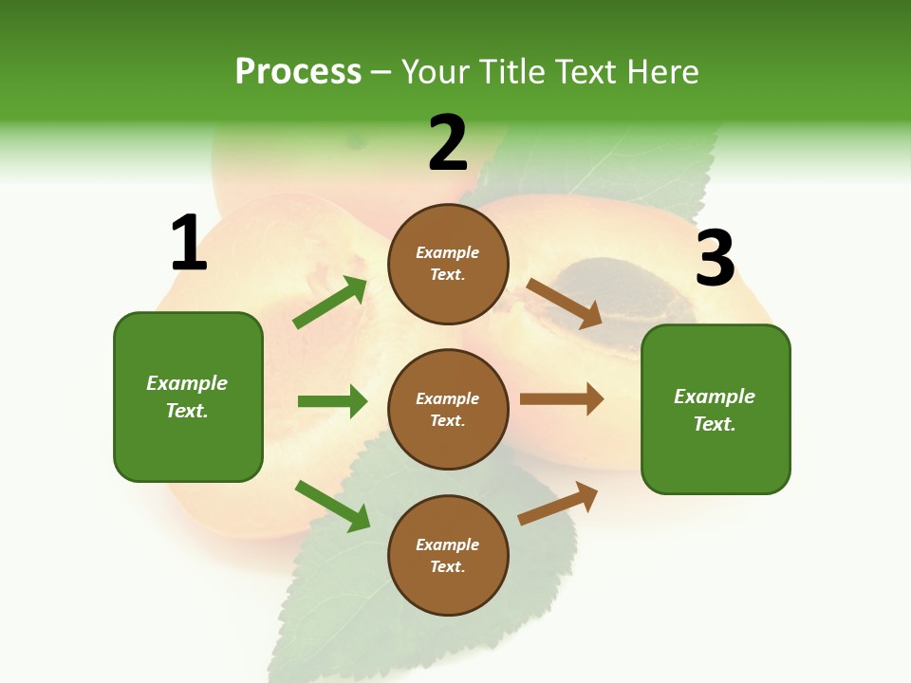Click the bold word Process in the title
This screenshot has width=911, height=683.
coord(298,72)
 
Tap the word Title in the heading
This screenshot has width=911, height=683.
coord(511,72)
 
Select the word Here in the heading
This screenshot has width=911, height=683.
coord(660,72)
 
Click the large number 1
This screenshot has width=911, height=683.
coord(189,244)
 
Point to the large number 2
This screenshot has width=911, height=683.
coord(448,144)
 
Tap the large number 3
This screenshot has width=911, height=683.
coord(715,259)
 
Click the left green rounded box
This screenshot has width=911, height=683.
coord(188,397)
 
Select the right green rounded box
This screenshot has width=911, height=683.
coord(716,409)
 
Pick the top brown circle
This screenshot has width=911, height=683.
coord(448,264)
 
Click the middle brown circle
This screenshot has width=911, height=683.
coord(448,409)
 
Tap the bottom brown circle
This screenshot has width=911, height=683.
coord(448,555)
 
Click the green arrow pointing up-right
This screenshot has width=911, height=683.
coord(330,303)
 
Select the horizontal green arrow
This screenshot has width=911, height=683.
coord(332,401)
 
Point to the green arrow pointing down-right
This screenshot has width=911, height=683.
coord(332,506)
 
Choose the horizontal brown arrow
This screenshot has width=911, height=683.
coord(562,399)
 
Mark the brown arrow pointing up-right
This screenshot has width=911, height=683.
coord(558,504)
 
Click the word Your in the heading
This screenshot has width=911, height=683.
coord(433,72)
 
